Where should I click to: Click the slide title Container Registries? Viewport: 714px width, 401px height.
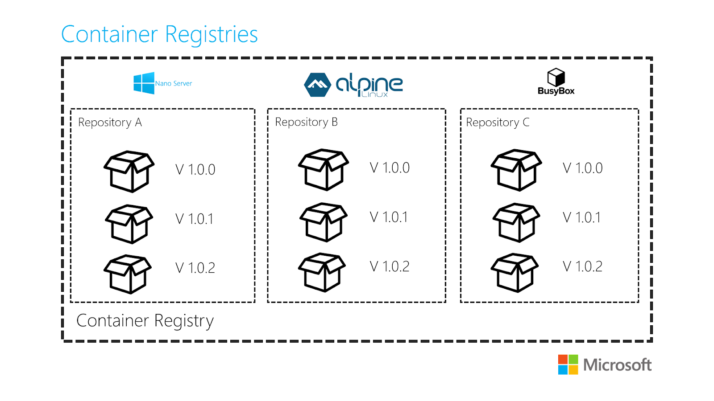[x=159, y=34]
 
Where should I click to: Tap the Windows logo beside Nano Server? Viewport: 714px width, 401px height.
[x=144, y=83]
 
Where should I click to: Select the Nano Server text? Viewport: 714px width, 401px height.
[x=174, y=83]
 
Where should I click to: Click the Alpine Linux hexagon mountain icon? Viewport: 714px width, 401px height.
[x=317, y=85]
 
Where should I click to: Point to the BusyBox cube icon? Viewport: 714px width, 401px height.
[x=556, y=77]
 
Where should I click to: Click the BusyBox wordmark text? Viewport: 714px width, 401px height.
[x=556, y=91]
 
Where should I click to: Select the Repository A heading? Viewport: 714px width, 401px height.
[x=110, y=123]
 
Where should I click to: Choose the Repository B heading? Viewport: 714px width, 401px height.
[x=306, y=122]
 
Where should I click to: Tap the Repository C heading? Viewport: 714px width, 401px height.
[x=498, y=123]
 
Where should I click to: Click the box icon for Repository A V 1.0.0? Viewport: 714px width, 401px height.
[x=129, y=171]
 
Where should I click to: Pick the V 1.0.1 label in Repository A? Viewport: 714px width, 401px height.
[x=195, y=219]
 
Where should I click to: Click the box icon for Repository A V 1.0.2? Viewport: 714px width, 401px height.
[x=128, y=274]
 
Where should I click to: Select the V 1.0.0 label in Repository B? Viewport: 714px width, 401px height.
[x=390, y=168]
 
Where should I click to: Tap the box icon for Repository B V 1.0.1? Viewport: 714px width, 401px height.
[x=324, y=222]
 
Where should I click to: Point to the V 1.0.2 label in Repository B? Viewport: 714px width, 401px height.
[x=390, y=266]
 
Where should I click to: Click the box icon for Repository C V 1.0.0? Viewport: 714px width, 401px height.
[x=516, y=170]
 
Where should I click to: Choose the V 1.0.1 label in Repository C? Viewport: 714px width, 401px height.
[x=582, y=217]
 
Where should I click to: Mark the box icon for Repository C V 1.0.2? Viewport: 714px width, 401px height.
[x=515, y=273]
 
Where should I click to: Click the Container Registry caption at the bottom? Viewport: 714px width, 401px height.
[x=145, y=321]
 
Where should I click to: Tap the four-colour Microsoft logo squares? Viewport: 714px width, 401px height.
[x=568, y=364]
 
